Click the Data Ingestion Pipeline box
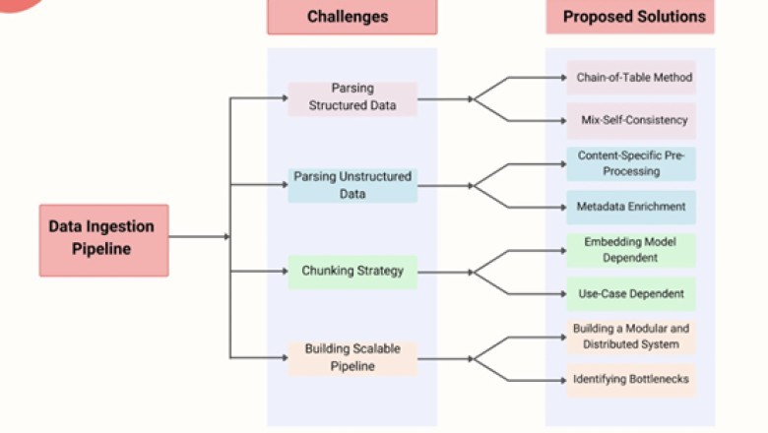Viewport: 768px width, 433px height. click(x=103, y=238)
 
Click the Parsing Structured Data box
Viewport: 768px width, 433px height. click(x=352, y=98)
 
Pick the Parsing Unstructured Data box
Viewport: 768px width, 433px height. click(x=352, y=185)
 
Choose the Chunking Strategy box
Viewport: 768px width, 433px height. click(x=352, y=272)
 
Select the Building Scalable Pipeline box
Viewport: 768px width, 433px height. click(x=352, y=358)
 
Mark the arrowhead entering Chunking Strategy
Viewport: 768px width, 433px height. click(x=284, y=272)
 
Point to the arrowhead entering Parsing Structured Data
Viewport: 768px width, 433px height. click(x=284, y=98)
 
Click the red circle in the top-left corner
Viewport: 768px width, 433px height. click(x=20, y=4)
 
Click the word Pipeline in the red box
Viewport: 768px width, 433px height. click(x=103, y=249)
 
